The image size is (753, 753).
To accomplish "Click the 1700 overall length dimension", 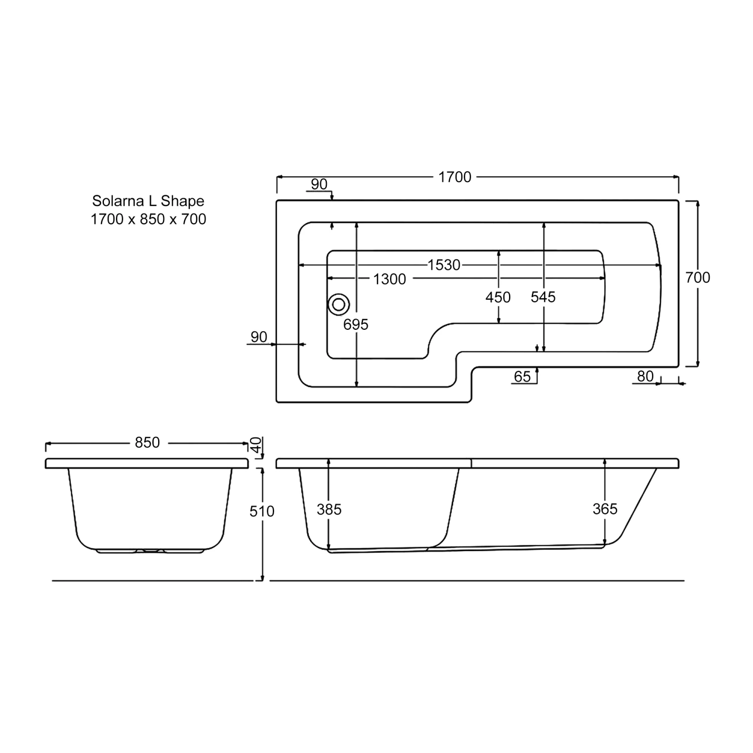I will tap(455, 177).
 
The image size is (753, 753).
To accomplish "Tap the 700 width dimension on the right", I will tap(698, 278).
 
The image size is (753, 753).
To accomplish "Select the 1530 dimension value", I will tap(444, 265).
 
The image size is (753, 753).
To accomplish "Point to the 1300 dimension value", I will tap(390, 279).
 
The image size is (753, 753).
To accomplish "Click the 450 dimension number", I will tap(498, 297).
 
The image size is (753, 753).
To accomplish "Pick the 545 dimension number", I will tap(543, 297).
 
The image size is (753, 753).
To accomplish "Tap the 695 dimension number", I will tap(356, 325).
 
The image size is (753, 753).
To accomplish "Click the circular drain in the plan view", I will tap(339, 305).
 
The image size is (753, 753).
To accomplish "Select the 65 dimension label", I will tap(523, 376).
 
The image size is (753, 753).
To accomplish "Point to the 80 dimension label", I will tap(645, 376).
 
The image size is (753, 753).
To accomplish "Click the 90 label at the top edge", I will tap(319, 185).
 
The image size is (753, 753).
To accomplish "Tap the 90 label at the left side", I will tap(259, 337).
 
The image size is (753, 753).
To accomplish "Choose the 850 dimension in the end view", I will tap(147, 442).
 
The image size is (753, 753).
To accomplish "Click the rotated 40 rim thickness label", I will tap(256, 444).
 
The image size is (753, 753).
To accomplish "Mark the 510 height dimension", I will tap(262, 511).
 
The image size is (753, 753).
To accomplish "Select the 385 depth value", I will tap(329, 510).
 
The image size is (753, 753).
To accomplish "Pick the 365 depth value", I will tap(605, 509).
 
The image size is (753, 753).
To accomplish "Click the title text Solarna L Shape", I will tap(148, 201).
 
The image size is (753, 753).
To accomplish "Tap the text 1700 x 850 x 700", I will tap(148, 219).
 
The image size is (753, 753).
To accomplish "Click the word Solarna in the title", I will tap(117, 201).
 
